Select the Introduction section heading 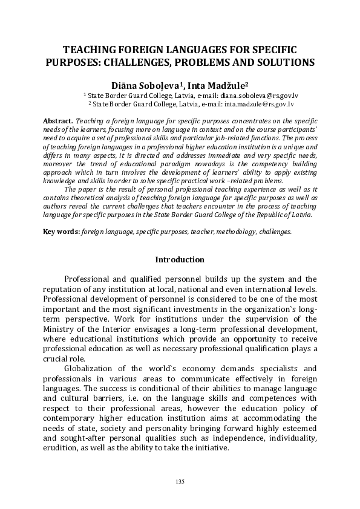pos(180,260)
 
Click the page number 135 pos(180,481)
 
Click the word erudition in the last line pos(61,448)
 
